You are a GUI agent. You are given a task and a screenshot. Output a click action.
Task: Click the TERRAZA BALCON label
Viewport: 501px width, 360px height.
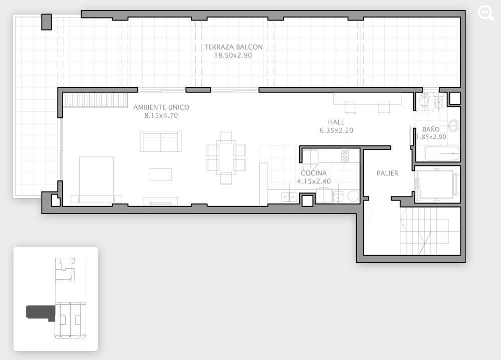[x=233, y=47]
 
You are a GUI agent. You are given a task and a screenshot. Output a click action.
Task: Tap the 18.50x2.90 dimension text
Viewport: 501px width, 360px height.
[x=233, y=55]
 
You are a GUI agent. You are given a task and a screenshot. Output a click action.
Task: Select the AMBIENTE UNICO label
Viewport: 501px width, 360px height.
[x=161, y=107]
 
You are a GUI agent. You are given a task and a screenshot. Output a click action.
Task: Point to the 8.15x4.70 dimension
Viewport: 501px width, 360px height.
[x=161, y=116]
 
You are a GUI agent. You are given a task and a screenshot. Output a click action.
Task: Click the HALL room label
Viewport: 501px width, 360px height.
[x=336, y=122]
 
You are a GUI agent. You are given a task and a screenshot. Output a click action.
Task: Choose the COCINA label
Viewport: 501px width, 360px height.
[x=314, y=173]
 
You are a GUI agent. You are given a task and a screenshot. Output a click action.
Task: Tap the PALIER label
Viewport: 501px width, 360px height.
[x=387, y=173]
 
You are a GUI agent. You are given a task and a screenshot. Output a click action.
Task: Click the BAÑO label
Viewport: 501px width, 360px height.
[x=431, y=129]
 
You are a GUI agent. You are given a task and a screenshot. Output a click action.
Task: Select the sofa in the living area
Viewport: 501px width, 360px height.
[x=161, y=141]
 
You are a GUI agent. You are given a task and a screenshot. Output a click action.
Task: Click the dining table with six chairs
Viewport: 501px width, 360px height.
[x=226, y=157]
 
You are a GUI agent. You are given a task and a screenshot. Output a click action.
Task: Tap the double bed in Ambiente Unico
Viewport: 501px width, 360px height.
[x=97, y=179]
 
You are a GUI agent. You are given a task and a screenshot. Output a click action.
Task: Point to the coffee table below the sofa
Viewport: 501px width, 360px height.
[x=161, y=174]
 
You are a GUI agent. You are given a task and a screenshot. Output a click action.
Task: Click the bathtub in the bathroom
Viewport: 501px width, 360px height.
[x=442, y=154]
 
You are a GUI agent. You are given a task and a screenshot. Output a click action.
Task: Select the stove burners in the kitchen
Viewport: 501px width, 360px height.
[x=345, y=155]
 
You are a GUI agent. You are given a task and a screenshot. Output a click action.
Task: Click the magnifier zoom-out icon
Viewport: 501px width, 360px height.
[x=485, y=14]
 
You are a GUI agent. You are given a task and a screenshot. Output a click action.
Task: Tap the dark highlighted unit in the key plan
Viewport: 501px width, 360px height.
[x=41, y=313]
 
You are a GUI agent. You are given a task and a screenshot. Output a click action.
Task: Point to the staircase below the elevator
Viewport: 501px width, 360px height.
[x=425, y=231]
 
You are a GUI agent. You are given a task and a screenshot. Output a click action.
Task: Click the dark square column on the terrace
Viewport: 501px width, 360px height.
[x=47, y=22]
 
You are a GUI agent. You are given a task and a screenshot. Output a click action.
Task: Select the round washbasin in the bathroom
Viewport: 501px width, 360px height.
[x=454, y=125]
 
